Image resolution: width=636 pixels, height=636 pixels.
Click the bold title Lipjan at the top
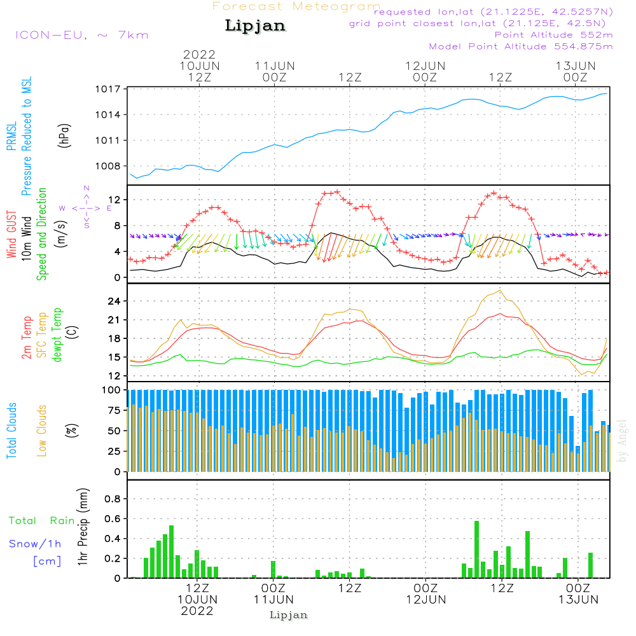(255, 26)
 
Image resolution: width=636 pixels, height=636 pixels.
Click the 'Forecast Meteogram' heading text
(296, 6)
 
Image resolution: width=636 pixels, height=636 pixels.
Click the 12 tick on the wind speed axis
(115, 200)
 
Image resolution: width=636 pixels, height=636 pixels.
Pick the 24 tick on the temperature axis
(115, 301)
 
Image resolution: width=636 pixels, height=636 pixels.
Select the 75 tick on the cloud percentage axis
(115, 410)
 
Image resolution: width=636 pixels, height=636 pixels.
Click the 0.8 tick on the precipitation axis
(113, 499)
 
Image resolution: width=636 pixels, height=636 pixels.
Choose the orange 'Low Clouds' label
(42, 430)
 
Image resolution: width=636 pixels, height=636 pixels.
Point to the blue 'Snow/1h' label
(35, 544)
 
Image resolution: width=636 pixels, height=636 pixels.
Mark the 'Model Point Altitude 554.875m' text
(521, 46)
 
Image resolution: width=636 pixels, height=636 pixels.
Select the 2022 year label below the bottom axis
(197, 611)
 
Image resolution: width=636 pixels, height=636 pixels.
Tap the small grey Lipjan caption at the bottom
(289, 615)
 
